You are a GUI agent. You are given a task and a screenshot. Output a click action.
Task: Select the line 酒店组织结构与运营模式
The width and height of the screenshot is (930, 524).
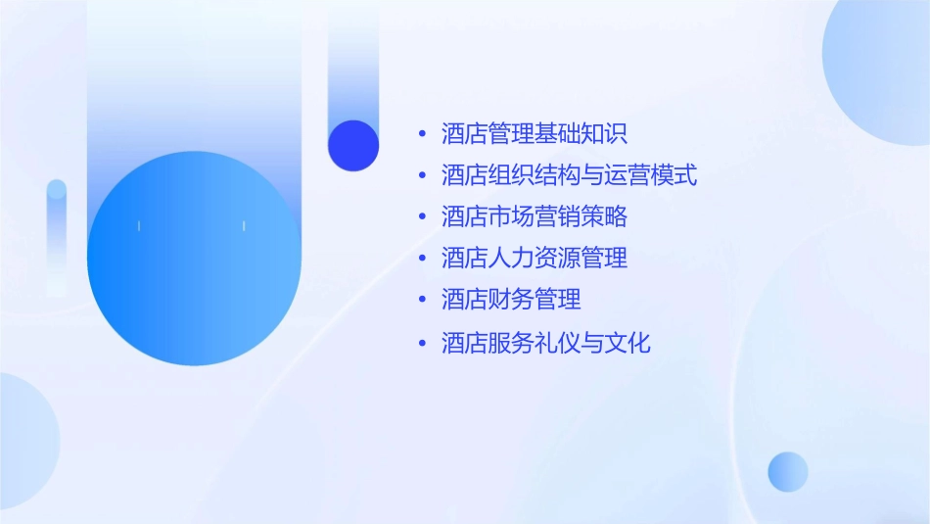click(x=569, y=175)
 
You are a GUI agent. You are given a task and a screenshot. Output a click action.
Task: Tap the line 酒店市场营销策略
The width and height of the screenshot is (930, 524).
click(x=535, y=215)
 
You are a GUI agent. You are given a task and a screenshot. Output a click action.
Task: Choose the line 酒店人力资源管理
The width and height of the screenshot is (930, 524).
click(x=535, y=258)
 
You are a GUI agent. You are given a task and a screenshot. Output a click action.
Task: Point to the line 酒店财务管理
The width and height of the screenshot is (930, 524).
click(x=511, y=299)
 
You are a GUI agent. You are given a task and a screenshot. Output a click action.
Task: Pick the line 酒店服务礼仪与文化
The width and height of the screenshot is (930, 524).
click(x=545, y=343)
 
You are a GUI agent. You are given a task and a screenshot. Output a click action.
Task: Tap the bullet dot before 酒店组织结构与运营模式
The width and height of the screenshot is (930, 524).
click(x=422, y=176)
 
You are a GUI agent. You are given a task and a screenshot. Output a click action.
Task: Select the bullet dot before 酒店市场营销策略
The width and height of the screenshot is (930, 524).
click(x=422, y=216)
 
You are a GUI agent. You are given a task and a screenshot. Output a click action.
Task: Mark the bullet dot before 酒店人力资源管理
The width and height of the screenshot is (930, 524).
click(x=422, y=259)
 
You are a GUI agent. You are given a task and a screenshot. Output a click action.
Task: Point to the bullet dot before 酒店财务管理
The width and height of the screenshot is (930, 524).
click(x=422, y=300)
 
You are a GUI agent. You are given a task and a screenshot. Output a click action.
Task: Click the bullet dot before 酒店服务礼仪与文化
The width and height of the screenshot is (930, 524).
click(x=422, y=344)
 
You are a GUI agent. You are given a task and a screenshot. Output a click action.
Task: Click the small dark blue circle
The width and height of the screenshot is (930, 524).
click(x=353, y=145)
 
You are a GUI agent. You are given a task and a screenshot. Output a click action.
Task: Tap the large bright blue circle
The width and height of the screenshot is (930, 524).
click(x=194, y=259)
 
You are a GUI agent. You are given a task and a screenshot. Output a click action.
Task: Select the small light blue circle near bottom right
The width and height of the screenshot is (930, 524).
click(x=788, y=471)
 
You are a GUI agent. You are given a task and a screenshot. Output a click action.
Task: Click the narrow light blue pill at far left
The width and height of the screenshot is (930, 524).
click(x=57, y=235)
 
